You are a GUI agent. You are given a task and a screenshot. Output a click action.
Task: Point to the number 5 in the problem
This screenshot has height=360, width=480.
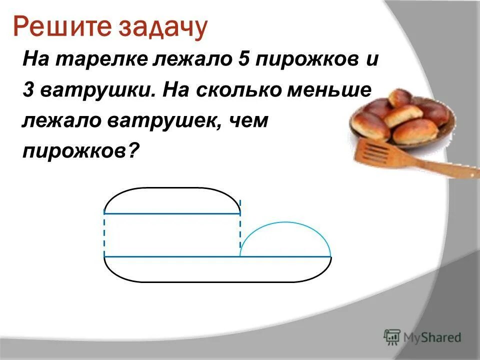(238, 61)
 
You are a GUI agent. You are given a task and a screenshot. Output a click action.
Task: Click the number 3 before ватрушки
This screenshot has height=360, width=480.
(28, 91)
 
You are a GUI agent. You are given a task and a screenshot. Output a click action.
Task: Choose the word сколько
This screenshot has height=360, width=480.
(238, 91)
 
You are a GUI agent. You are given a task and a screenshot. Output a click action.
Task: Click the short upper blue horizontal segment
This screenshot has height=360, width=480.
(172, 213)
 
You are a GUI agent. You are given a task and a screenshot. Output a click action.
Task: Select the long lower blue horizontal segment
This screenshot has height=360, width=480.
(217, 256)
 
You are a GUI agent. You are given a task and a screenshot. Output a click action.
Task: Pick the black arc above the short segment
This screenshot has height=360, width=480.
(172, 188)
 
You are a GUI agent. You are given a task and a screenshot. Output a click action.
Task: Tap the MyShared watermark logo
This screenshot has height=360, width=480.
(422, 337)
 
